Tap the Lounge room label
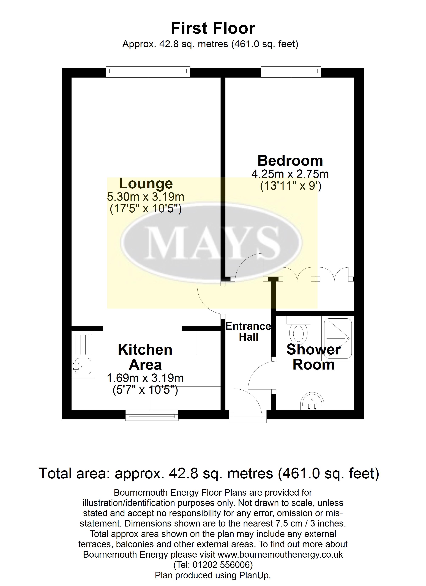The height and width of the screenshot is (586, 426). point(146,184)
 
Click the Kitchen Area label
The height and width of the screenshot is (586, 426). point(145,357)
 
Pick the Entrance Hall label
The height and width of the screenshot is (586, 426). point(248,332)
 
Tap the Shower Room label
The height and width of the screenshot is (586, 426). point(314,357)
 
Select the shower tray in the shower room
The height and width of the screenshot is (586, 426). point(338,338)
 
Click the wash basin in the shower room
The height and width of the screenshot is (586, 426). point(312,402)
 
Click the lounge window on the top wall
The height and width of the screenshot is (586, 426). point(148,72)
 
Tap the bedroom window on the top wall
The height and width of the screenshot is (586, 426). point(291,72)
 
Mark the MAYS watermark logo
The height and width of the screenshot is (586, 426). point(211,243)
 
